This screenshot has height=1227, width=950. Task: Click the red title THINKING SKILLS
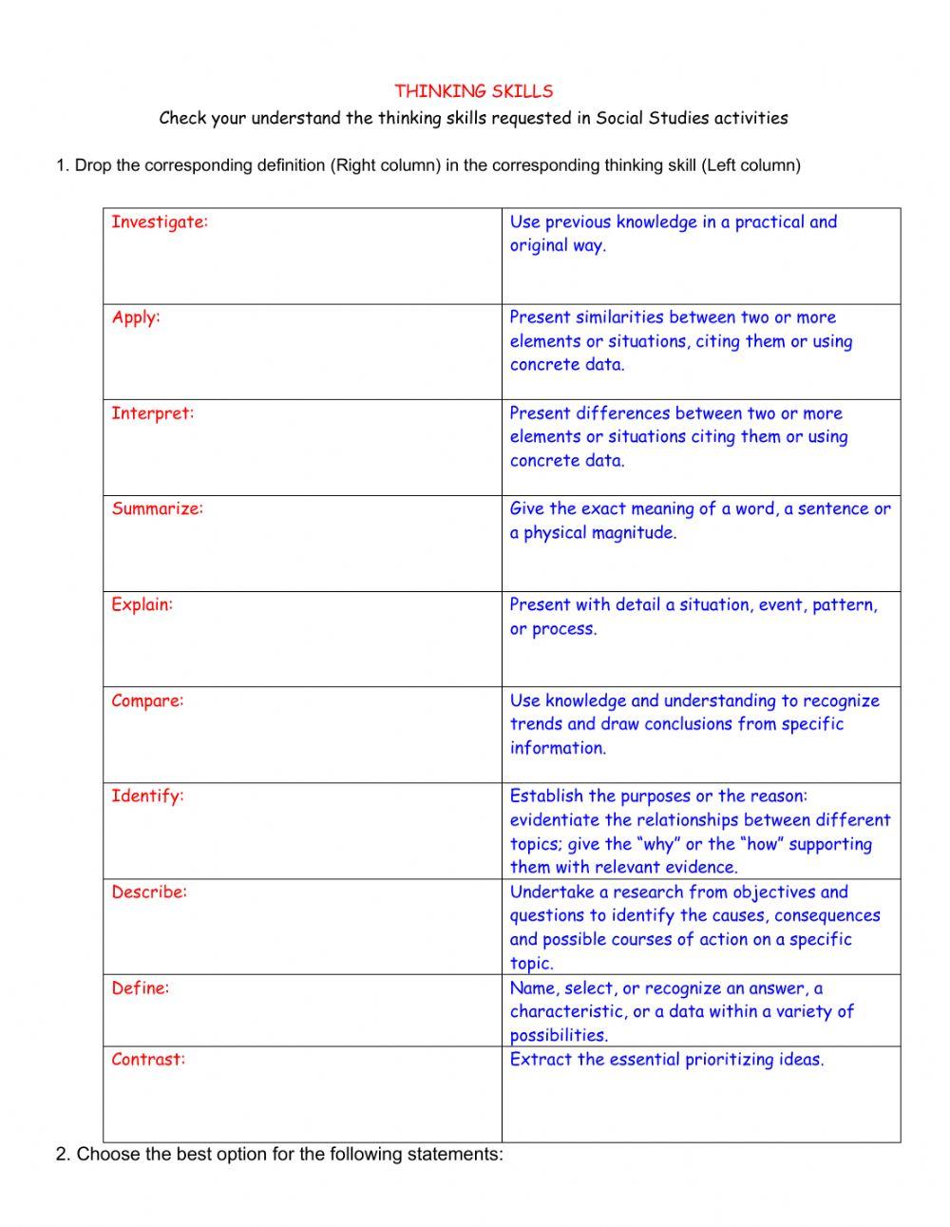point(473,91)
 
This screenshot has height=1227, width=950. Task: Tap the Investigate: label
point(159,222)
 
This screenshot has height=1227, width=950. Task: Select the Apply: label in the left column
point(136,317)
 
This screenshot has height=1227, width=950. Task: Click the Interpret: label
point(152,413)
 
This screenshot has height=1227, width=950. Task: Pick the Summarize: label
point(157,508)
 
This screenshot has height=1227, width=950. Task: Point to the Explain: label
point(142,604)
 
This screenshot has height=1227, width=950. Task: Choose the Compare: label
point(147,700)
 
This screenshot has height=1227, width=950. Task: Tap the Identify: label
point(147,796)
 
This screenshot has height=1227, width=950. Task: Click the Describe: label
point(149,892)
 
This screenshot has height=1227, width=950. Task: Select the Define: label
point(140,988)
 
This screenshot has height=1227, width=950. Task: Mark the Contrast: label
point(148,1060)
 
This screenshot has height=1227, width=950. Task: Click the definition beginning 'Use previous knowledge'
point(673,234)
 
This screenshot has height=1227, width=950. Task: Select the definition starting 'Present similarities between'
point(680,341)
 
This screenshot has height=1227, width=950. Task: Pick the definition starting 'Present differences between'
point(678,437)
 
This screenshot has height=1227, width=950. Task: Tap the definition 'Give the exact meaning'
point(699,521)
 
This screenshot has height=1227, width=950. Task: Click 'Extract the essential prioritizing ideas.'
point(666,1060)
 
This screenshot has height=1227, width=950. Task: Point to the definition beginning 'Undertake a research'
point(694,927)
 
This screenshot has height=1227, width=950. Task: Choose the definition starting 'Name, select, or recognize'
point(681,1011)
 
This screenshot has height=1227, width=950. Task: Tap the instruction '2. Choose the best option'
point(279,1155)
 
